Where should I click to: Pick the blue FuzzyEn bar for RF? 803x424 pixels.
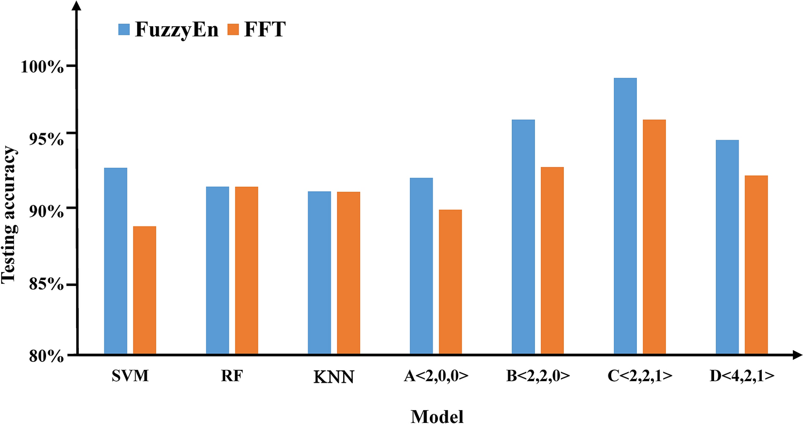217,270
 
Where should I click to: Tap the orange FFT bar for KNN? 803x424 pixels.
348,272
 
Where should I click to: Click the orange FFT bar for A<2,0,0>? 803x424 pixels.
450,282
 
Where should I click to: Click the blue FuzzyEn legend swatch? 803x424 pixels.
124,29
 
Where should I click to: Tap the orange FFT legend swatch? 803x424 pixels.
234,29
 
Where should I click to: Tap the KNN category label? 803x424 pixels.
333,377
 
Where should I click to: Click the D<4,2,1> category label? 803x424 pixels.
742,376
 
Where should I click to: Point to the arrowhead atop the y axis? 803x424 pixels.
78,6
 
